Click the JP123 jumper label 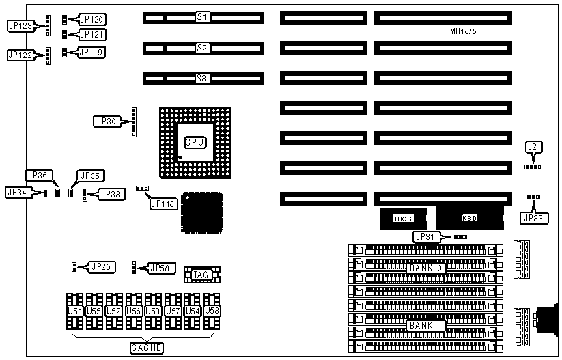20,26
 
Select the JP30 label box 107,122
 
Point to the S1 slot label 202,16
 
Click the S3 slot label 201,79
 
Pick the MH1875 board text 464,31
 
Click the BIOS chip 403,219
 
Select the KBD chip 470,219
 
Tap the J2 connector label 533,146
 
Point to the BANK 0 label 426,268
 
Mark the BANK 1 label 426,326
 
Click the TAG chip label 201,275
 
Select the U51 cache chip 74,311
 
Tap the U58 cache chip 212,311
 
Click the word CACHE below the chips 147,348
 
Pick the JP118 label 163,204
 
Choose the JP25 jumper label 103,266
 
